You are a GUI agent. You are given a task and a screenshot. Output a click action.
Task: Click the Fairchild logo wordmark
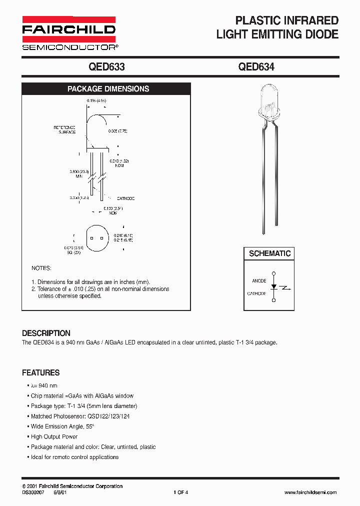tap(68, 30)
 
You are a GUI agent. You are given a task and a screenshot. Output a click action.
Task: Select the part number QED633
tap(106, 67)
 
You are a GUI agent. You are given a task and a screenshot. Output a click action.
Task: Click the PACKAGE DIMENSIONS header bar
tap(108, 89)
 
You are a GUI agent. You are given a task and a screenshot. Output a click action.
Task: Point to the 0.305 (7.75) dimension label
tap(118, 131)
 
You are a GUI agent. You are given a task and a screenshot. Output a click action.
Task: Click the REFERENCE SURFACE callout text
tap(65, 130)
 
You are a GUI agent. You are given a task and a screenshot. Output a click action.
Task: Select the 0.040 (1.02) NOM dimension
tap(119, 163)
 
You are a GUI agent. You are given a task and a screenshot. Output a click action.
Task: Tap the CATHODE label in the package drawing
tap(125, 198)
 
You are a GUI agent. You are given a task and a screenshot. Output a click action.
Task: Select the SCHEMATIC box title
tap(269, 253)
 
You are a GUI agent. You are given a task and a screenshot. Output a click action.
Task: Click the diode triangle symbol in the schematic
tap(273, 287)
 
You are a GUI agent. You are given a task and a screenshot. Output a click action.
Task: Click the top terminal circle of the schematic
tap(273, 273)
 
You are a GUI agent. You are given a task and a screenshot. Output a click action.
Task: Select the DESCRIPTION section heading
tap(46, 333)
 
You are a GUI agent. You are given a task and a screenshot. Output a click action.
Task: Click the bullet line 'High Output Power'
tap(54, 436)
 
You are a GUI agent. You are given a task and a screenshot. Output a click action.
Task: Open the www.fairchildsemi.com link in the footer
tap(310, 492)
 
